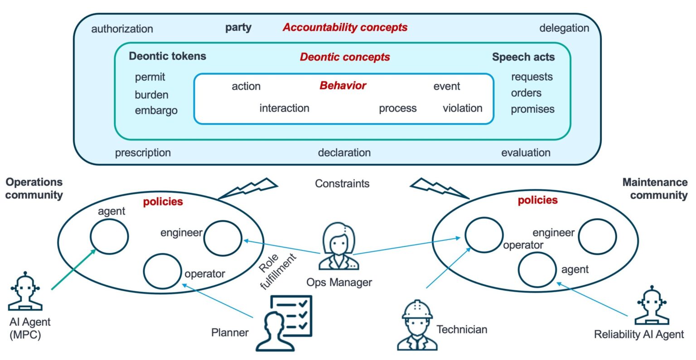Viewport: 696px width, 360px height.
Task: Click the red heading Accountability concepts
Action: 345,28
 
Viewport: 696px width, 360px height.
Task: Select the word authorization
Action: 122,29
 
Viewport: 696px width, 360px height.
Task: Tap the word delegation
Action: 564,28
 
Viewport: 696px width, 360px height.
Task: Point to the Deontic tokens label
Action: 167,56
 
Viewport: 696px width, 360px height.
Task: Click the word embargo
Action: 156,110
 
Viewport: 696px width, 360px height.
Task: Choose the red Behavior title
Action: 343,86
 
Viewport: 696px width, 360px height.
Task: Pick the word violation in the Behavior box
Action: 462,108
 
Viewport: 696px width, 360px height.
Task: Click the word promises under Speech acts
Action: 532,109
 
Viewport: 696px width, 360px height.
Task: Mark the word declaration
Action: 344,153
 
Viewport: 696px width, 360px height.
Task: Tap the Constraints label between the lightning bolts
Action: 342,183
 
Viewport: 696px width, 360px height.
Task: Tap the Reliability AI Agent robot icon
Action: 652,306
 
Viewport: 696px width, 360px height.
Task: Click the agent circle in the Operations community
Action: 109,235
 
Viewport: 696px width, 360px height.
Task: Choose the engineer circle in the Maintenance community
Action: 597,236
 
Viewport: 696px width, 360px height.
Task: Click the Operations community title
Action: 34,188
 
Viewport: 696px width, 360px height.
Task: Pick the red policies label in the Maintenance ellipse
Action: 537,200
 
